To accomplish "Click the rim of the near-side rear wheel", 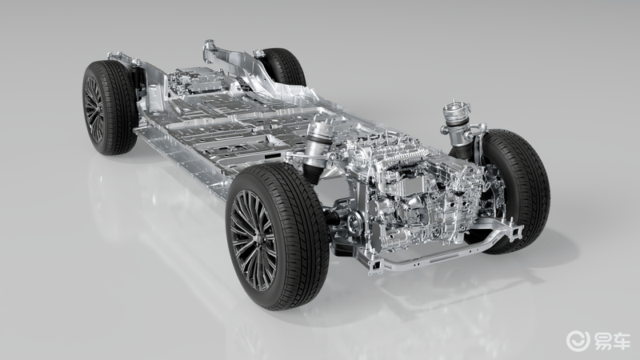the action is click(94, 109).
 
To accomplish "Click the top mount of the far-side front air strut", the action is click(457, 110).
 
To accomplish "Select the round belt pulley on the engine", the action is click(354, 223).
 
